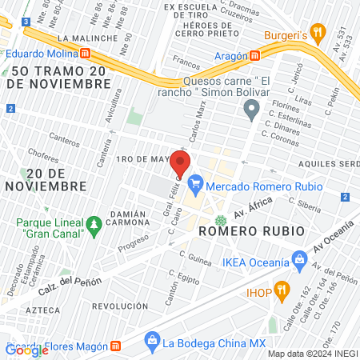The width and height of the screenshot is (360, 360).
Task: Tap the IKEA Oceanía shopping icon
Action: [300, 258]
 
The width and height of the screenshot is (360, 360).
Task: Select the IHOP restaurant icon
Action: [281, 289]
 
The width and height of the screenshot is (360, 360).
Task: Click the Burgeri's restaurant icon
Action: [318, 33]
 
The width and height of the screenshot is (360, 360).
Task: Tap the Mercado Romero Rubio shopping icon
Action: [195, 186]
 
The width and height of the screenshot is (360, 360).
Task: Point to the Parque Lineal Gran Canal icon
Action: [94, 222]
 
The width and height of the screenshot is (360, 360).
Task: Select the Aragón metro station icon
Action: [255, 55]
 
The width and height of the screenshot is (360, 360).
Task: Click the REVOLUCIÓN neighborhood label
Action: [121, 306]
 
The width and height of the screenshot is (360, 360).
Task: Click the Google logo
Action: [26, 350]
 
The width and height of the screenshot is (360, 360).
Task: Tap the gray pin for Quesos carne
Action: [253, 110]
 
